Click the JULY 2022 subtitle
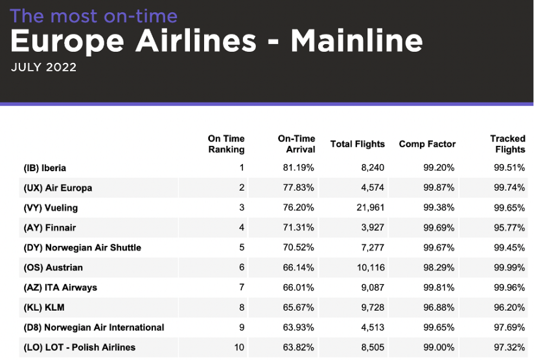point(44,67)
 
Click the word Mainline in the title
point(356,41)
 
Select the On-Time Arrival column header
point(297,144)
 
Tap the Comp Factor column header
point(428,144)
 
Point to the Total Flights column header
point(358,144)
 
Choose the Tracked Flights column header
point(507,144)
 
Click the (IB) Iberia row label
point(45,168)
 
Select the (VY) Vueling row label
point(51,208)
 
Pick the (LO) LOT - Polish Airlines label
point(80,347)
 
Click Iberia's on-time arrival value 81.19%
point(299,168)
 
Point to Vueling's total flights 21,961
point(369,208)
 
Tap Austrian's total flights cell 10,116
point(369,267)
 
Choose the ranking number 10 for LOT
point(239,347)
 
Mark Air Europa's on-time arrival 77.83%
point(299,188)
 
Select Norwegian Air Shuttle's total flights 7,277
point(371,248)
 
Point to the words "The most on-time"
point(94,15)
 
